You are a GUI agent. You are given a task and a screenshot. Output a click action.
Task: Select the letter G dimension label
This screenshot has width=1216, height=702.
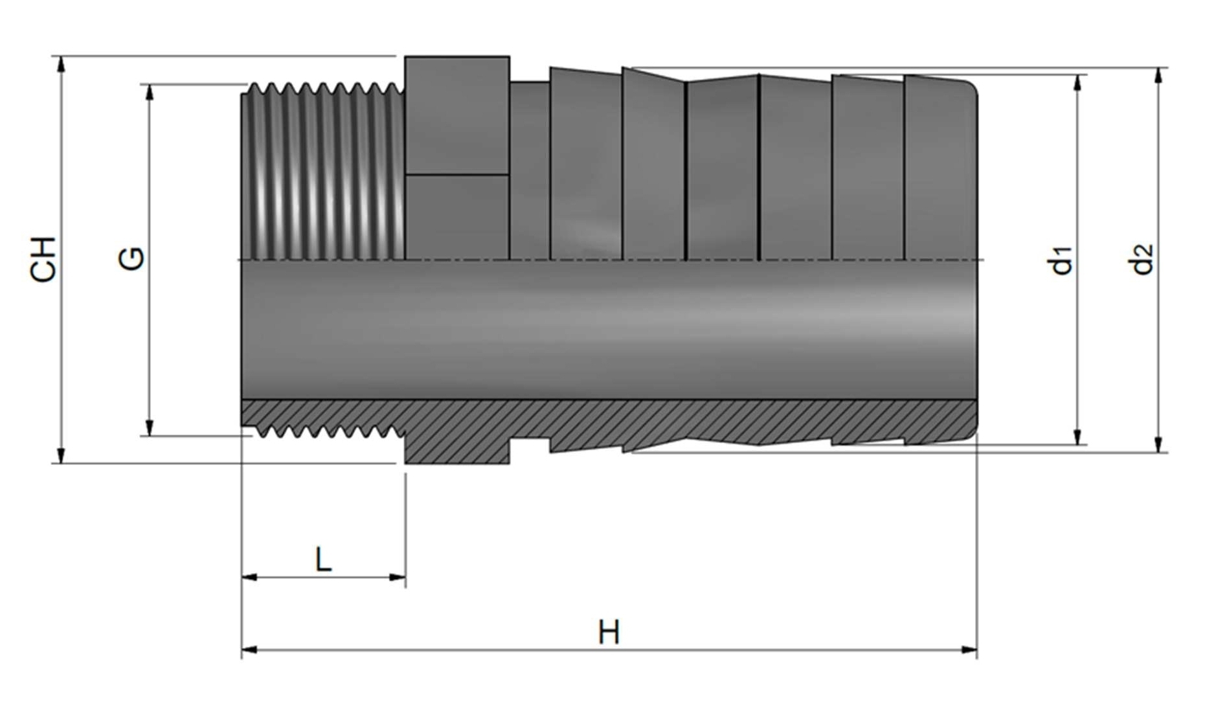tap(131, 259)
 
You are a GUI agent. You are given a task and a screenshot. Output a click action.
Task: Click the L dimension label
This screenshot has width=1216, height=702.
tap(323, 560)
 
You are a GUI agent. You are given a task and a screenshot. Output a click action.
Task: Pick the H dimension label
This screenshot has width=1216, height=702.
tap(609, 633)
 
